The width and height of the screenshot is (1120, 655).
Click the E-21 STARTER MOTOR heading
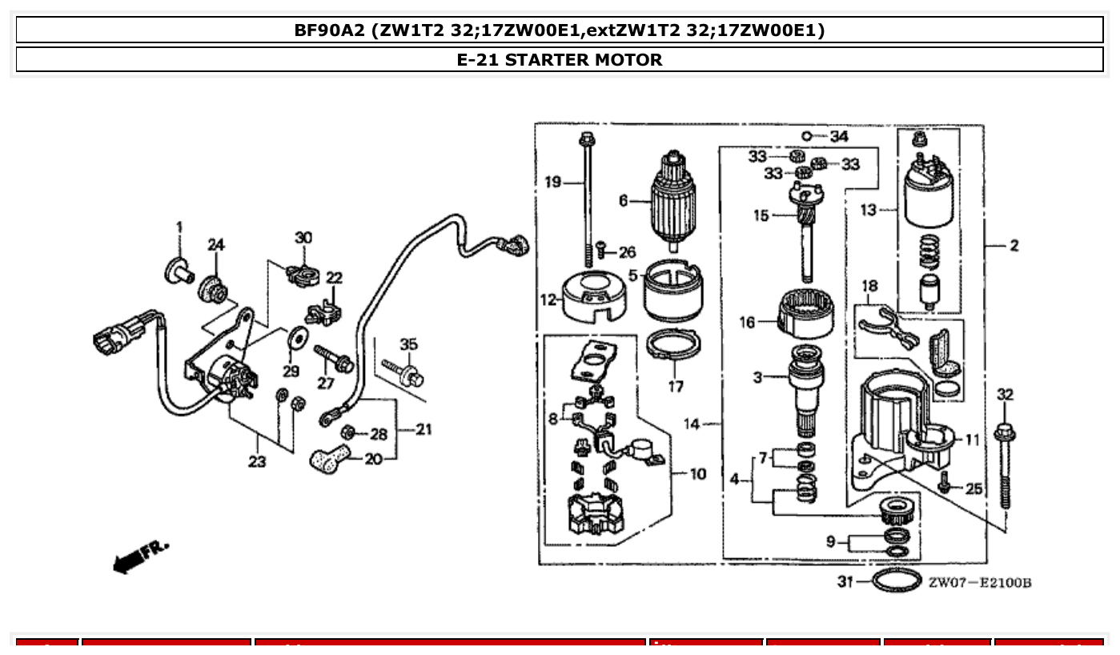[559, 60]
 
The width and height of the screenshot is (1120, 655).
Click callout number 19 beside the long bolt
[552, 183]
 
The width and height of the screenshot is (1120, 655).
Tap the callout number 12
[548, 300]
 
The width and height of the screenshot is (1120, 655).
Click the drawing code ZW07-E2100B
[980, 582]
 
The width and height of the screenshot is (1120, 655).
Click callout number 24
[216, 245]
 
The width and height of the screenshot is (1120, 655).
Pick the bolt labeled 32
[1005, 464]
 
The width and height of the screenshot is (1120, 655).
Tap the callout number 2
[1014, 246]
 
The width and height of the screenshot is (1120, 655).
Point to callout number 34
[838, 137]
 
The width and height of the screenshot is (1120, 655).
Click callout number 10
[697, 474]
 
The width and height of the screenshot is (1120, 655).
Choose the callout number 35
[408, 345]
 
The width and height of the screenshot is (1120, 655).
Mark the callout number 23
[257, 462]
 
